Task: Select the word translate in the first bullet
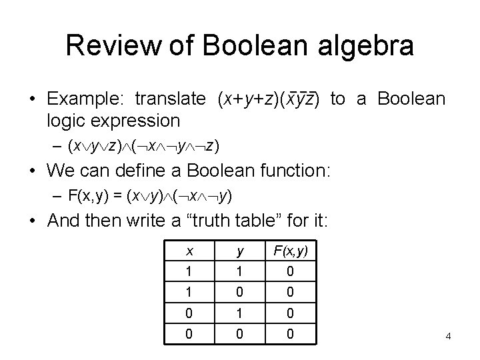[171, 99]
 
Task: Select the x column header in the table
[190, 252]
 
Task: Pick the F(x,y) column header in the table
[290, 252]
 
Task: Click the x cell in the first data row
[190, 273]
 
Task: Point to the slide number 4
[449, 336]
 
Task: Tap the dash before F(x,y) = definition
[59, 196]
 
